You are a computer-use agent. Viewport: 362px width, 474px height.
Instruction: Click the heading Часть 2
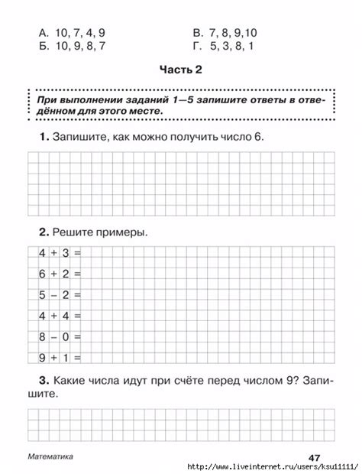(180, 70)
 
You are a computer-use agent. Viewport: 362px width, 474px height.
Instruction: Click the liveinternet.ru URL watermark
(273, 466)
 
